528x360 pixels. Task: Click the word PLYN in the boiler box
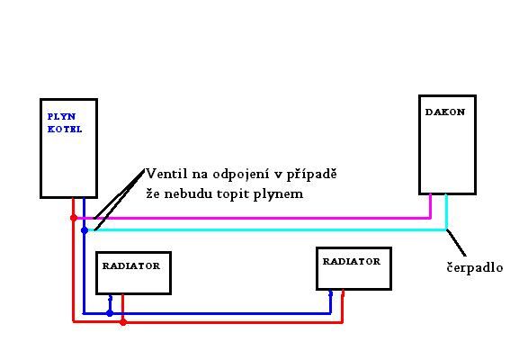coord(62,117)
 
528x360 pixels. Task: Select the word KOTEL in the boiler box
coord(65,129)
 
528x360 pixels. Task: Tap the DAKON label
coord(445,112)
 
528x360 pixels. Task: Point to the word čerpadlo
coord(475,267)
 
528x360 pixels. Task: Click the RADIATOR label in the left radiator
coord(131,266)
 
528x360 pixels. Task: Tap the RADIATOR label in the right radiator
coord(351,262)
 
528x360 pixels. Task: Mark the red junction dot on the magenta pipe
coord(74,218)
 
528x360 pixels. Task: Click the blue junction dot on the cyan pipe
coord(85,230)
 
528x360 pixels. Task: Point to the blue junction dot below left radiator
coord(110,313)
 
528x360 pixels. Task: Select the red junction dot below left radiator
coord(123,322)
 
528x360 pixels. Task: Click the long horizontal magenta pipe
coord(253,218)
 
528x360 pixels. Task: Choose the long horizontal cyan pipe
coord(266,229)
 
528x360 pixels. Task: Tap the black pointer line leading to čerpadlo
coord(456,243)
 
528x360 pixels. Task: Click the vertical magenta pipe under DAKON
coord(430,206)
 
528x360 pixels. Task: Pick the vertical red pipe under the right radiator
coord(343,306)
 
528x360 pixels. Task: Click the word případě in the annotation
coord(311,175)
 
